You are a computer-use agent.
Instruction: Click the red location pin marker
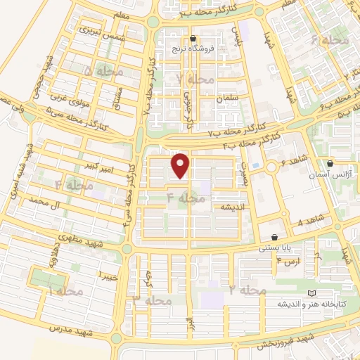coord(181,165)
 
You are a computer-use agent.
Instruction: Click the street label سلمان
coord(229,97)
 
